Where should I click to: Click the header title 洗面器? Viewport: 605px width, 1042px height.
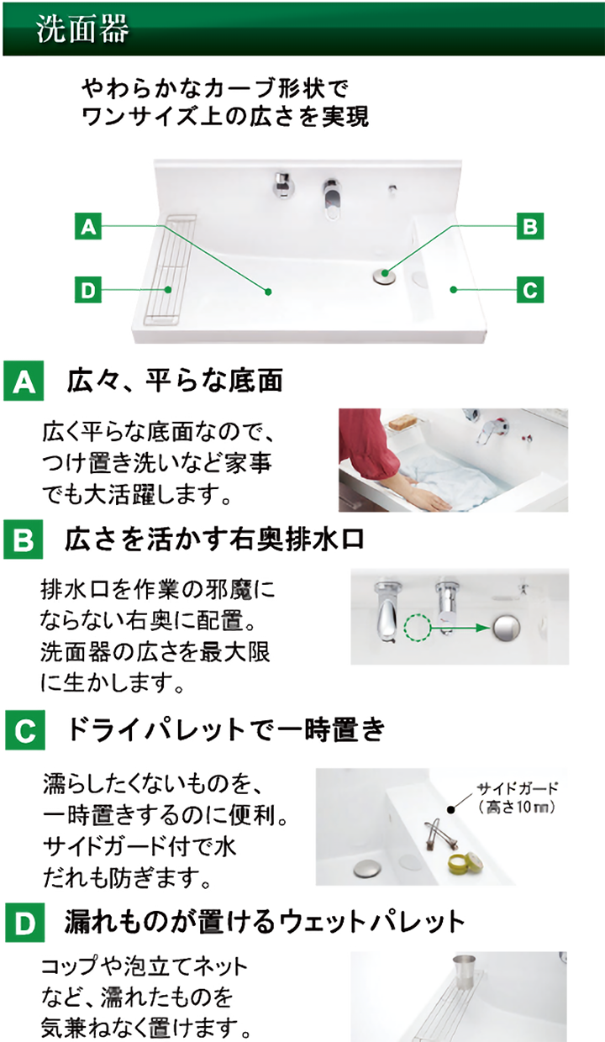82,29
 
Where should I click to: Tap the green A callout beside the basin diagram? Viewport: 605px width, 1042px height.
88,227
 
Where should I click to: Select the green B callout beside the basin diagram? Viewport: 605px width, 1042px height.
530,227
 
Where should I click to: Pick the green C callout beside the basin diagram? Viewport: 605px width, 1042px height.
530,289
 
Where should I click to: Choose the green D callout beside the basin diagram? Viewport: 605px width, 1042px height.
88,289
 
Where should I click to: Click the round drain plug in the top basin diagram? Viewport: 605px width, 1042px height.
385,276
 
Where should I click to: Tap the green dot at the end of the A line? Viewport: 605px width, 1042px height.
268,292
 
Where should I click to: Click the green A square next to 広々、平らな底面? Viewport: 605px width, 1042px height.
24,381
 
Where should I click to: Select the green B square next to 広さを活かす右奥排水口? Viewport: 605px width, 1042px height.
24,539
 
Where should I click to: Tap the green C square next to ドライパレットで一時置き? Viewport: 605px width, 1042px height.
25,730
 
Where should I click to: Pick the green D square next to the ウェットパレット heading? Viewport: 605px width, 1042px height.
25,923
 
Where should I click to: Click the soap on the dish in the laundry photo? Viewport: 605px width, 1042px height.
403,423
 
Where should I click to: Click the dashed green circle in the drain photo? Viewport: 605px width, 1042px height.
417,628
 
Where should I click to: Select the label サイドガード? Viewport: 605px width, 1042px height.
517,788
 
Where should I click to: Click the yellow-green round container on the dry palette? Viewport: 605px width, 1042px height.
465,862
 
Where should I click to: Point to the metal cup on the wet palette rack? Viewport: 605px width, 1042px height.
465,967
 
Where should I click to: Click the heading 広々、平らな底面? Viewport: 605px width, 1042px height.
175,381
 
